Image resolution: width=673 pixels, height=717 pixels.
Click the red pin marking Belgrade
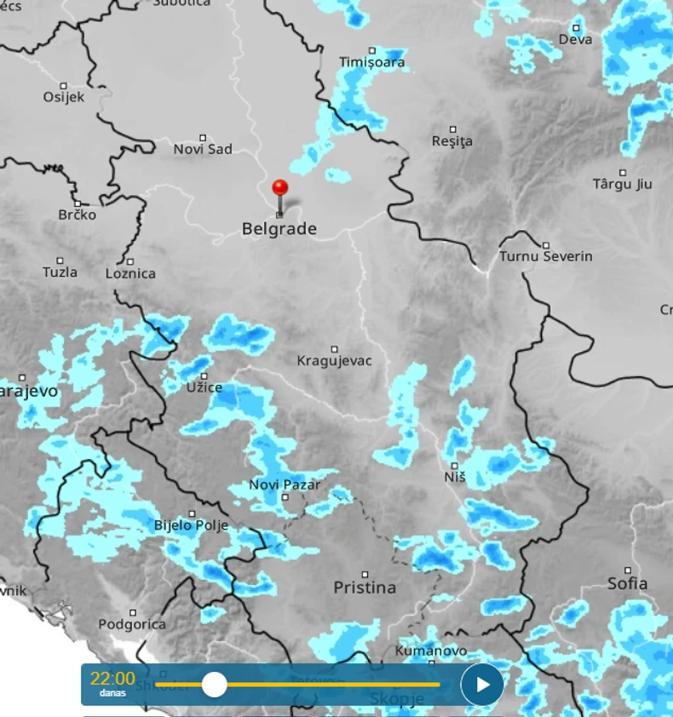(279, 188)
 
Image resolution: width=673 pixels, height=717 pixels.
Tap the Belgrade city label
(279, 229)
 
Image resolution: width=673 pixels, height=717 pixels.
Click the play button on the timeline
(482, 684)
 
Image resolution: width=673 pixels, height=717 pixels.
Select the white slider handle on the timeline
(214, 684)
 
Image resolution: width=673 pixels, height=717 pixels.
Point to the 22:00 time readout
(112, 679)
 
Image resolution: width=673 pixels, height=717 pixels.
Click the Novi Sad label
(203, 149)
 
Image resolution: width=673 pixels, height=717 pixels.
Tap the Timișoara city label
(373, 62)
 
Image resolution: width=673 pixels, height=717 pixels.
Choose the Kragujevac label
(334, 361)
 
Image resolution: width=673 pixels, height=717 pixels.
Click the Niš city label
(455, 478)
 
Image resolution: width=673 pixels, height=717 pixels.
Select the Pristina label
(365, 588)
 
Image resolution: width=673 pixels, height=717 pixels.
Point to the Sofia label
(627, 583)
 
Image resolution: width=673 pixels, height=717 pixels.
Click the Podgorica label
(132, 624)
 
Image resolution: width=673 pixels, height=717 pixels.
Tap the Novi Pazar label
(285, 485)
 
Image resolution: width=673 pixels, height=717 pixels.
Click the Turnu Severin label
(546, 256)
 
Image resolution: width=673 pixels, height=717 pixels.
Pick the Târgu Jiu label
(622, 184)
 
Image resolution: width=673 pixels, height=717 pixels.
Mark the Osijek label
(64, 97)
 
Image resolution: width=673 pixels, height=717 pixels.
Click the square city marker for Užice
(204, 376)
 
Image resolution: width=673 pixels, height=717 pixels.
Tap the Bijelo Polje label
(191, 525)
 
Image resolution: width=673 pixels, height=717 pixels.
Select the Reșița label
(452, 141)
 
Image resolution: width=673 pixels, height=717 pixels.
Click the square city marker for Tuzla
(60, 261)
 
